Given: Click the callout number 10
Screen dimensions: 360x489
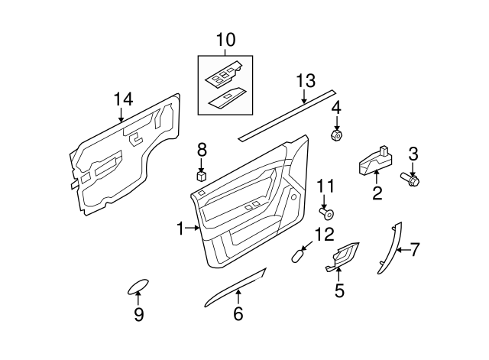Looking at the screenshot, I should point(226,39).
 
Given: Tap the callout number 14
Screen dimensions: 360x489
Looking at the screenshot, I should point(123,98).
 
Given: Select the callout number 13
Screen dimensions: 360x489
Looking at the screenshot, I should point(305,80).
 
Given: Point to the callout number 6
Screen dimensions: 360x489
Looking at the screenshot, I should point(238,313).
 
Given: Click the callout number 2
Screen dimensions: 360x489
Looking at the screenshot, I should point(377,193).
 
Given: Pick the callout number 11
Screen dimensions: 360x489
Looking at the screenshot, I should point(325,185).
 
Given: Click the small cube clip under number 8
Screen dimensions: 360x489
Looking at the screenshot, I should point(201,175).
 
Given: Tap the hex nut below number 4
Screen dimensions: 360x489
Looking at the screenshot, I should point(335,137).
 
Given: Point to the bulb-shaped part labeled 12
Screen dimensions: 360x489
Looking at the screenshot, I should point(299,255).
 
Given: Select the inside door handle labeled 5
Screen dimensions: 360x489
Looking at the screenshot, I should point(342,258).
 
